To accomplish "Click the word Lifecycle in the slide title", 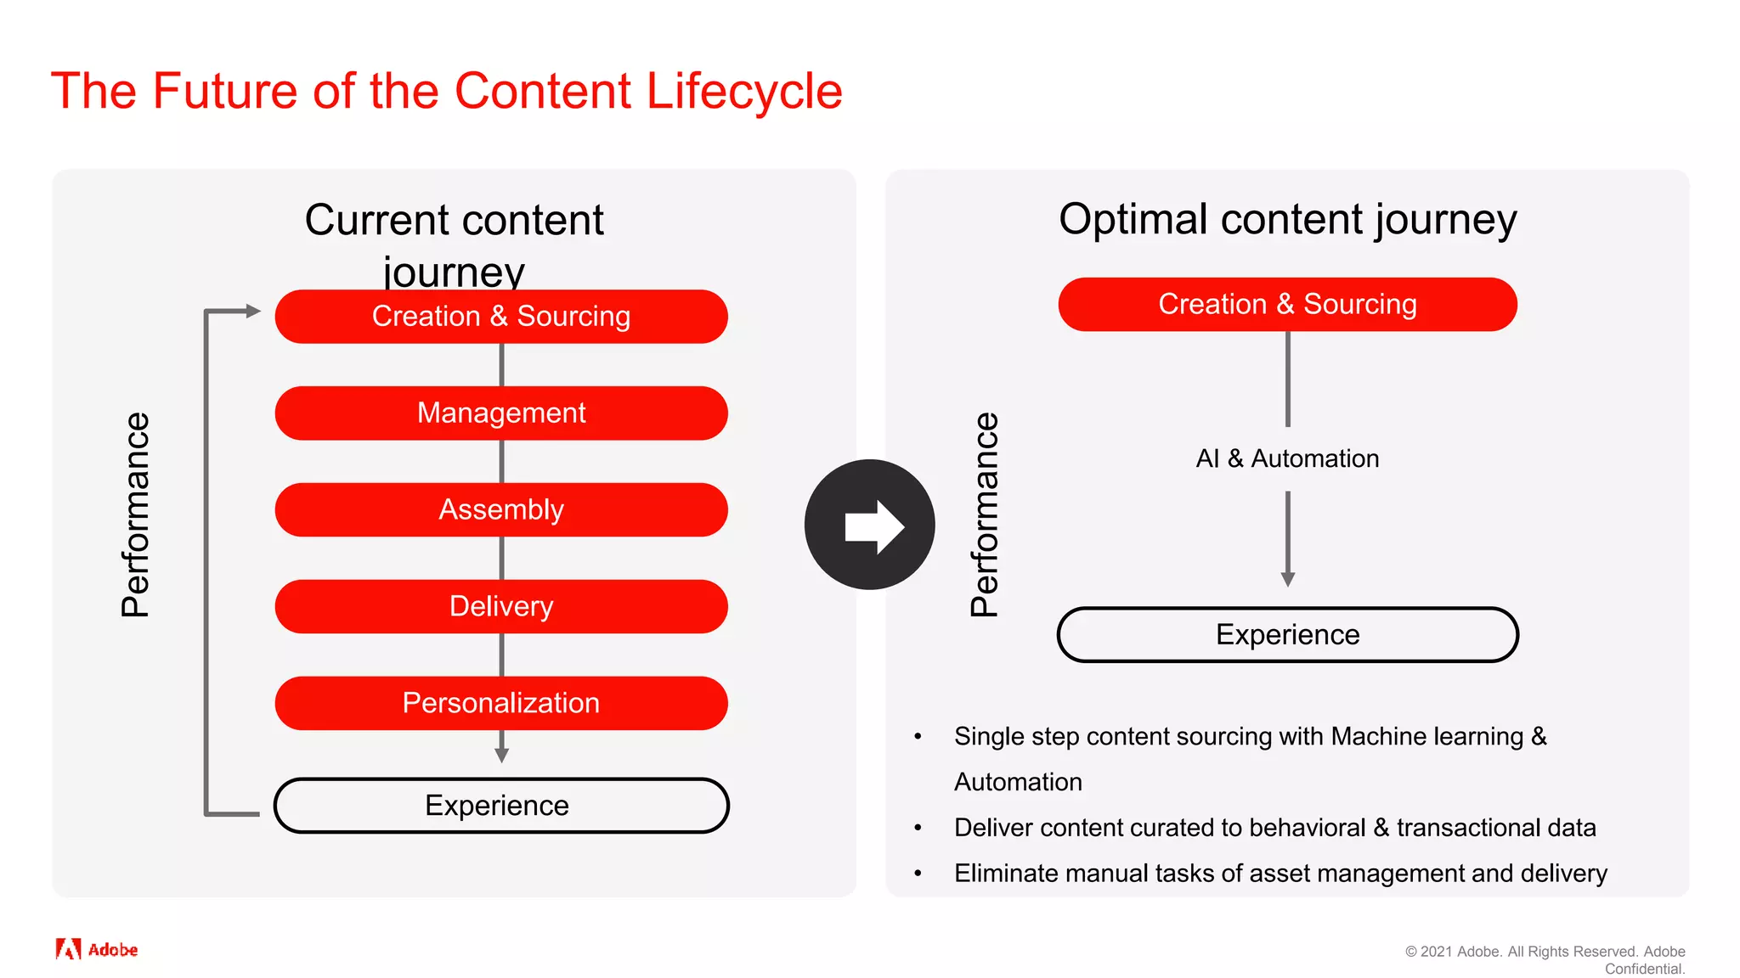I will [x=743, y=92].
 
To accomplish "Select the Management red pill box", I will [x=501, y=413].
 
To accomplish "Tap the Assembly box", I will [x=501, y=510].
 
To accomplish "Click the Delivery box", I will [x=501, y=607].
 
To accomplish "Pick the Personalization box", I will [x=501, y=704].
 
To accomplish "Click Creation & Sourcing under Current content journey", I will [x=501, y=317].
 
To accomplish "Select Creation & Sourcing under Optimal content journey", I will [x=1287, y=305].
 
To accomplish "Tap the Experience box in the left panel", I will [x=501, y=806].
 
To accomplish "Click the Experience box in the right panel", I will [x=1287, y=635].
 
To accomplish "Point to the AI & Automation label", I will [x=1287, y=459].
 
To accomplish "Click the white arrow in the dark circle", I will [x=873, y=526].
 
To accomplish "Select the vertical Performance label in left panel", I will [x=136, y=514].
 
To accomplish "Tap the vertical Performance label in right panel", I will [x=985, y=514].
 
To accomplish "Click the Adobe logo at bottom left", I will [x=96, y=949].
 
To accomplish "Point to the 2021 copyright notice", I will [x=1545, y=959].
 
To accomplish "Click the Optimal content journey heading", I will [x=1287, y=220].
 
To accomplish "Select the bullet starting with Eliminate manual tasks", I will [x=1280, y=874].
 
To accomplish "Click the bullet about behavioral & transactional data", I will [x=1274, y=828].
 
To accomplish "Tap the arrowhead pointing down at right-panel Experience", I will [x=1288, y=579].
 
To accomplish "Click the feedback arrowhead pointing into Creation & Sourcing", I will [x=252, y=312].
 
